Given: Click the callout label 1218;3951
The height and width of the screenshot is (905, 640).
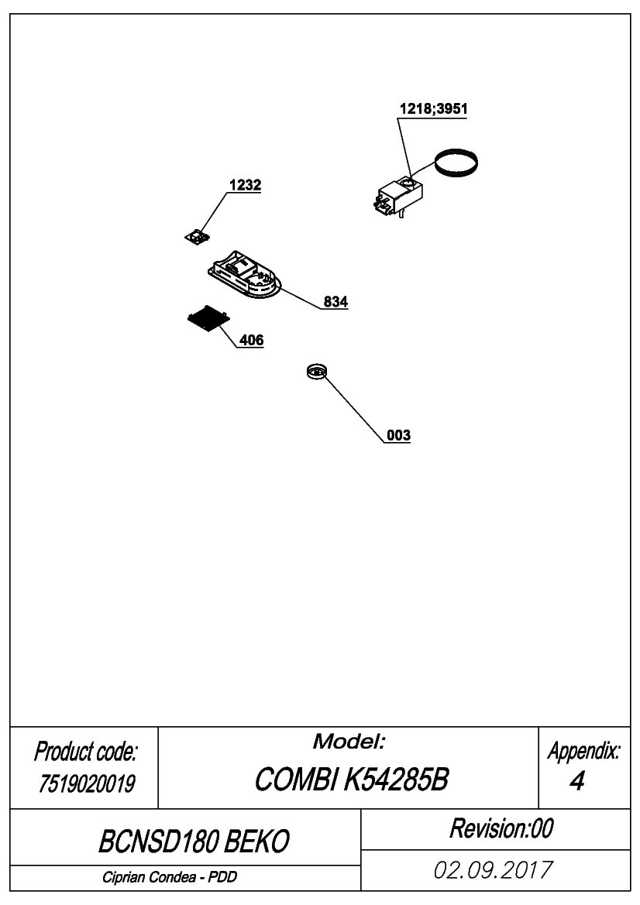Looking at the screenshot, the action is pyautogui.click(x=433, y=108).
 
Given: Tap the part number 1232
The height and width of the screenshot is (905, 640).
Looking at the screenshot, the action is pyautogui.click(x=245, y=185).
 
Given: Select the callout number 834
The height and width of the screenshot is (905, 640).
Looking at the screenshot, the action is pyautogui.click(x=335, y=301).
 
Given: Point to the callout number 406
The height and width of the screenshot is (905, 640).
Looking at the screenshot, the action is pyautogui.click(x=251, y=340).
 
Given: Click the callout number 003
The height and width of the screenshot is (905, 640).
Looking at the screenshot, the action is pyautogui.click(x=398, y=434).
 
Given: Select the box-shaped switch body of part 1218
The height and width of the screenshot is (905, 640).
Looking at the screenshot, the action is pyautogui.click(x=399, y=195).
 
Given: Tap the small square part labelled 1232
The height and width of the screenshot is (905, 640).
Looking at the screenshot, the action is pyautogui.click(x=196, y=236).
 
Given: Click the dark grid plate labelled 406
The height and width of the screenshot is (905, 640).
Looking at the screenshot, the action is pyautogui.click(x=208, y=319).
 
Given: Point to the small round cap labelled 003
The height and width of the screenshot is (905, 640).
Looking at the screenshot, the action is pyautogui.click(x=317, y=371).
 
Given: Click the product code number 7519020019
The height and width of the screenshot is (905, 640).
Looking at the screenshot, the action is pyautogui.click(x=86, y=783).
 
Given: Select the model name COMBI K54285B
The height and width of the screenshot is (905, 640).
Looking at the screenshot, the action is pyautogui.click(x=351, y=780).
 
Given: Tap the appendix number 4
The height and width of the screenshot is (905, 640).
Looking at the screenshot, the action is pyautogui.click(x=576, y=781).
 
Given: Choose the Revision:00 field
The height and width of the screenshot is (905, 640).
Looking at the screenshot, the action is pyautogui.click(x=501, y=828).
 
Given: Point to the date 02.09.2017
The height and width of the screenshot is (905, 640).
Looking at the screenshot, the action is pyautogui.click(x=493, y=870).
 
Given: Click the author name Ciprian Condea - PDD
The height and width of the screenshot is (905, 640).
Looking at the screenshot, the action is pyautogui.click(x=170, y=877).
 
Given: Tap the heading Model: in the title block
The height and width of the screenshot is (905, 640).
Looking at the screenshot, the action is pyautogui.click(x=349, y=741).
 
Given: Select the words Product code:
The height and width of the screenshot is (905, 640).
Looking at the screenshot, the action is pyautogui.click(x=85, y=752).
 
